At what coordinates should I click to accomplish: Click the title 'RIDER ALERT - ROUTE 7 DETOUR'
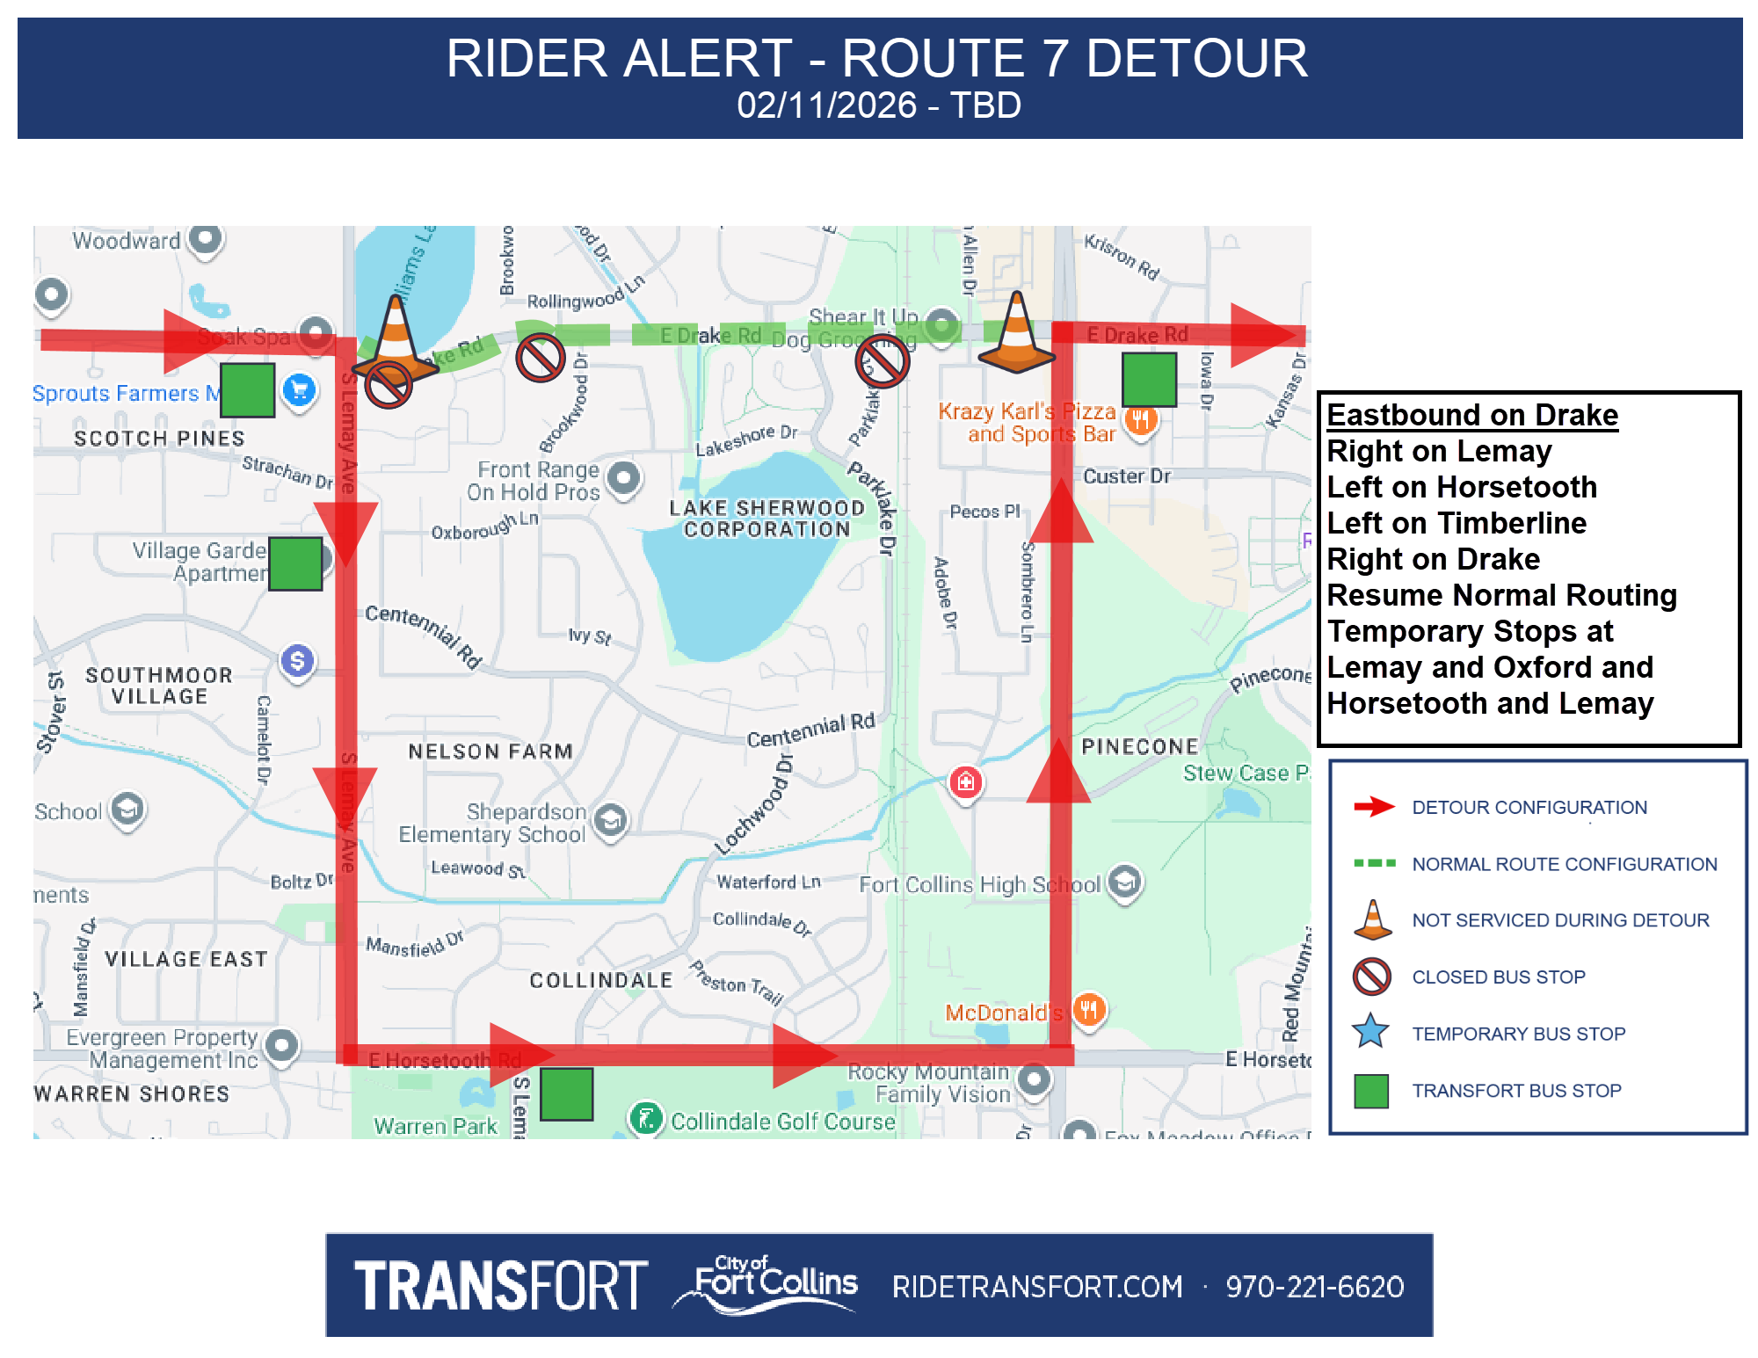pos(876,59)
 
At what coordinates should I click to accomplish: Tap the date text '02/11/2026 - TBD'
pos(878,105)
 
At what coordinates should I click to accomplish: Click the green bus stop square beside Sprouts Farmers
pos(247,389)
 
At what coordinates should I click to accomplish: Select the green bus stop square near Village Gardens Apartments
pos(295,563)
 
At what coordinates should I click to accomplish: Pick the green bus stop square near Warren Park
pos(566,1093)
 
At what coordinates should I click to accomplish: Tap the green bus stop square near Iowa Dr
pos(1149,379)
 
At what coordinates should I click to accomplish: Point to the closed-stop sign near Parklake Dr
pos(882,360)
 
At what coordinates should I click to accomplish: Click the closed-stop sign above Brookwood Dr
pos(540,358)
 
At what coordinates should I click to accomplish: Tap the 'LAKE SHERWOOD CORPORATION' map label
pos(766,519)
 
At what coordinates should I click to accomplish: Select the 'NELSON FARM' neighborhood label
pos(490,752)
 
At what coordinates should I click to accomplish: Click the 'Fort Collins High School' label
pos(979,884)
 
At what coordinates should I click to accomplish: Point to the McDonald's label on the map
pos(1003,1013)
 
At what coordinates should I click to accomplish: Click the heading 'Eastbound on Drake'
pos(1471,415)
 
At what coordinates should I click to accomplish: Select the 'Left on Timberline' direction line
pos(1457,523)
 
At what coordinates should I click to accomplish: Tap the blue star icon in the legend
pos(1371,1032)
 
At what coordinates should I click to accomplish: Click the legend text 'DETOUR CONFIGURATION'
pos(1529,807)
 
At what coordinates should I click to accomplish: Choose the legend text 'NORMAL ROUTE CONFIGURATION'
pos(1564,864)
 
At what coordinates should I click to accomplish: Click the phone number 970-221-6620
pos(1314,1287)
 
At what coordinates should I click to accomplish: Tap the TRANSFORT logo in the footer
pos(500,1285)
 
